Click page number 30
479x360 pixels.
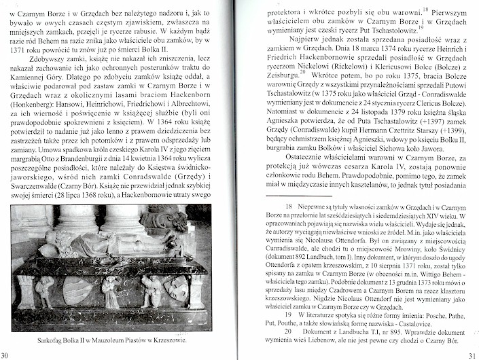coord(5,355)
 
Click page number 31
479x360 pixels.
coord(472,355)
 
